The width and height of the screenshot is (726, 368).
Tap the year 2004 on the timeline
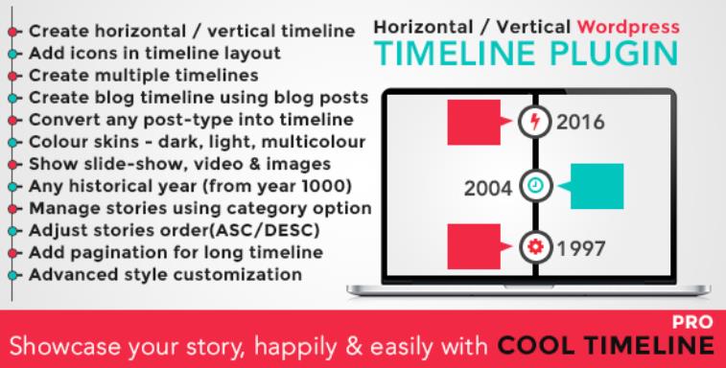coord(490,186)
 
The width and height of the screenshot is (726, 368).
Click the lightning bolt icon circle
coord(533,123)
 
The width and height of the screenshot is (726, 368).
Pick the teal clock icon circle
coord(533,186)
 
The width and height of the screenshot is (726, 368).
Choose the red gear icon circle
coord(533,249)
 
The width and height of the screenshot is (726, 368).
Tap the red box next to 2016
coord(476,123)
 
